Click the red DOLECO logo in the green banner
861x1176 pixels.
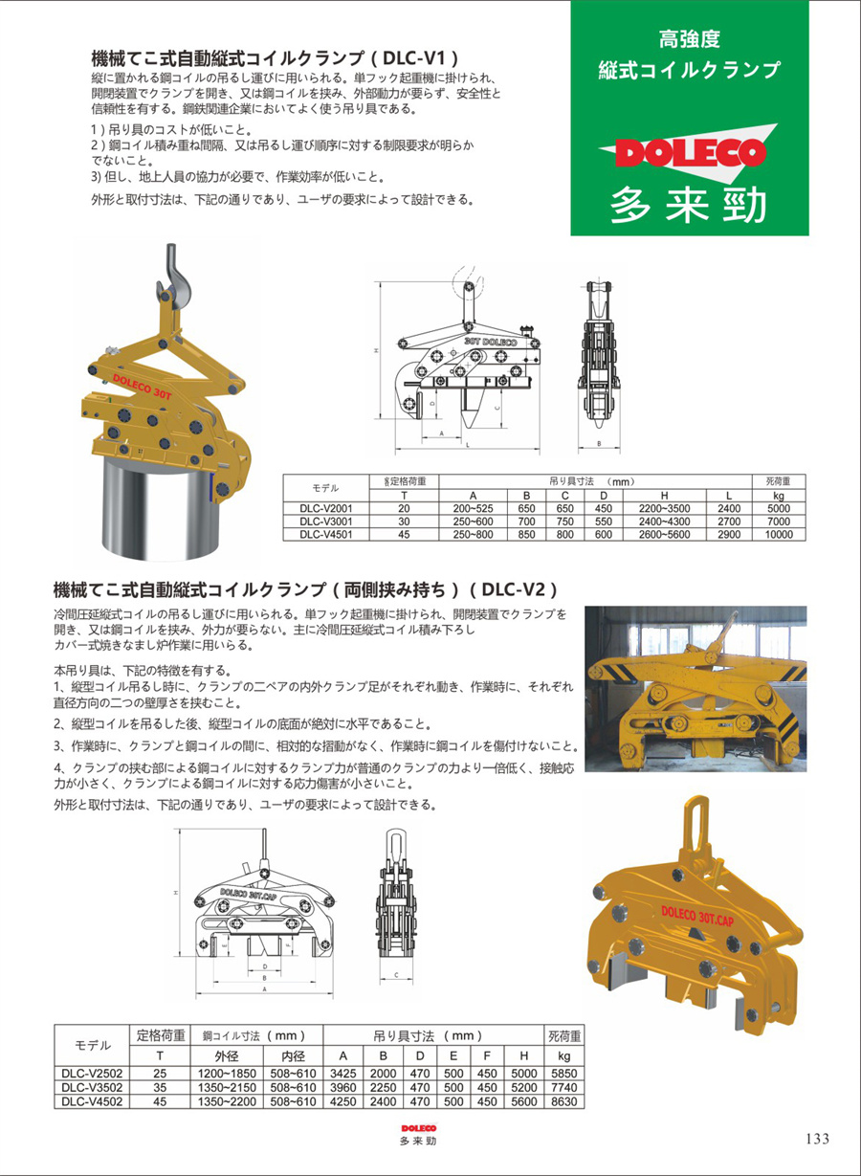[x=690, y=151]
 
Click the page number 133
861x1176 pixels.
[x=817, y=1138]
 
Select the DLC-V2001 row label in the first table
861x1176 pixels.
[x=325, y=509]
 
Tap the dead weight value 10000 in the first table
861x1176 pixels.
[x=779, y=536]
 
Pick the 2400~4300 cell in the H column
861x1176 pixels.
[x=663, y=522]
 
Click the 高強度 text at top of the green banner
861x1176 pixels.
[x=690, y=39]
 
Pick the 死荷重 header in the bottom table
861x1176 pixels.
[x=564, y=1035]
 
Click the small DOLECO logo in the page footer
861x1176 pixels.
[x=418, y=1128]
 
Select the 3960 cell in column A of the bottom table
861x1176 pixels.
[x=342, y=1088]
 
